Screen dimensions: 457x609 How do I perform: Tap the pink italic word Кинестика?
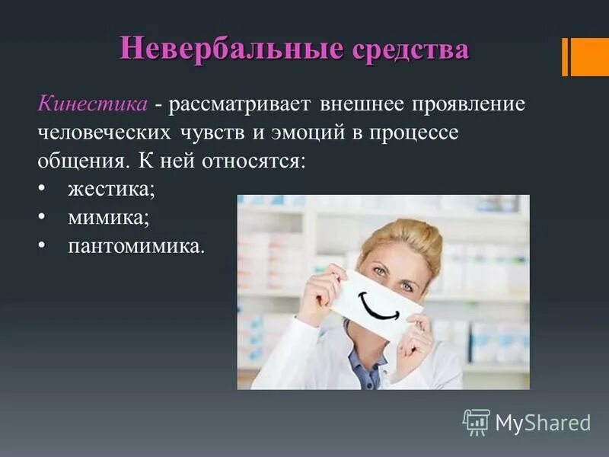(92, 103)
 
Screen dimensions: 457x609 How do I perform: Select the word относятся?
(250, 161)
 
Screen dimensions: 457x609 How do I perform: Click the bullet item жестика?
(111, 190)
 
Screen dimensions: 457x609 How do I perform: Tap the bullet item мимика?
(108, 218)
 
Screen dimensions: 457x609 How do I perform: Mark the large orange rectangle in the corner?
(590, 57)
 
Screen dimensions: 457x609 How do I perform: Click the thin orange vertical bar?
(565, 57)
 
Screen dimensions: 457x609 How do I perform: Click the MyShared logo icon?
(476, 421)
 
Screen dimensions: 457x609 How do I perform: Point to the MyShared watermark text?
(543, 422)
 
